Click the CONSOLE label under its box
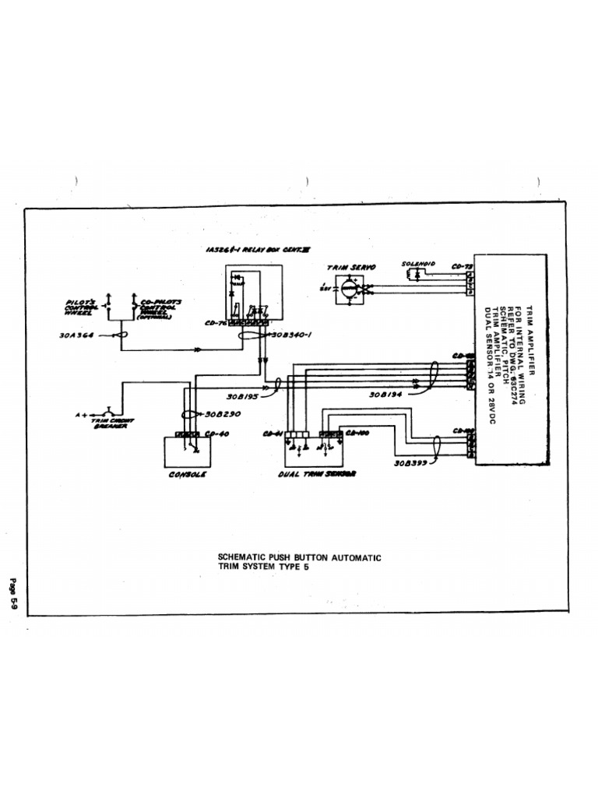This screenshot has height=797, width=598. [x=187, y=474]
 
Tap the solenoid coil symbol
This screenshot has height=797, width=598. [x=413, y=275]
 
